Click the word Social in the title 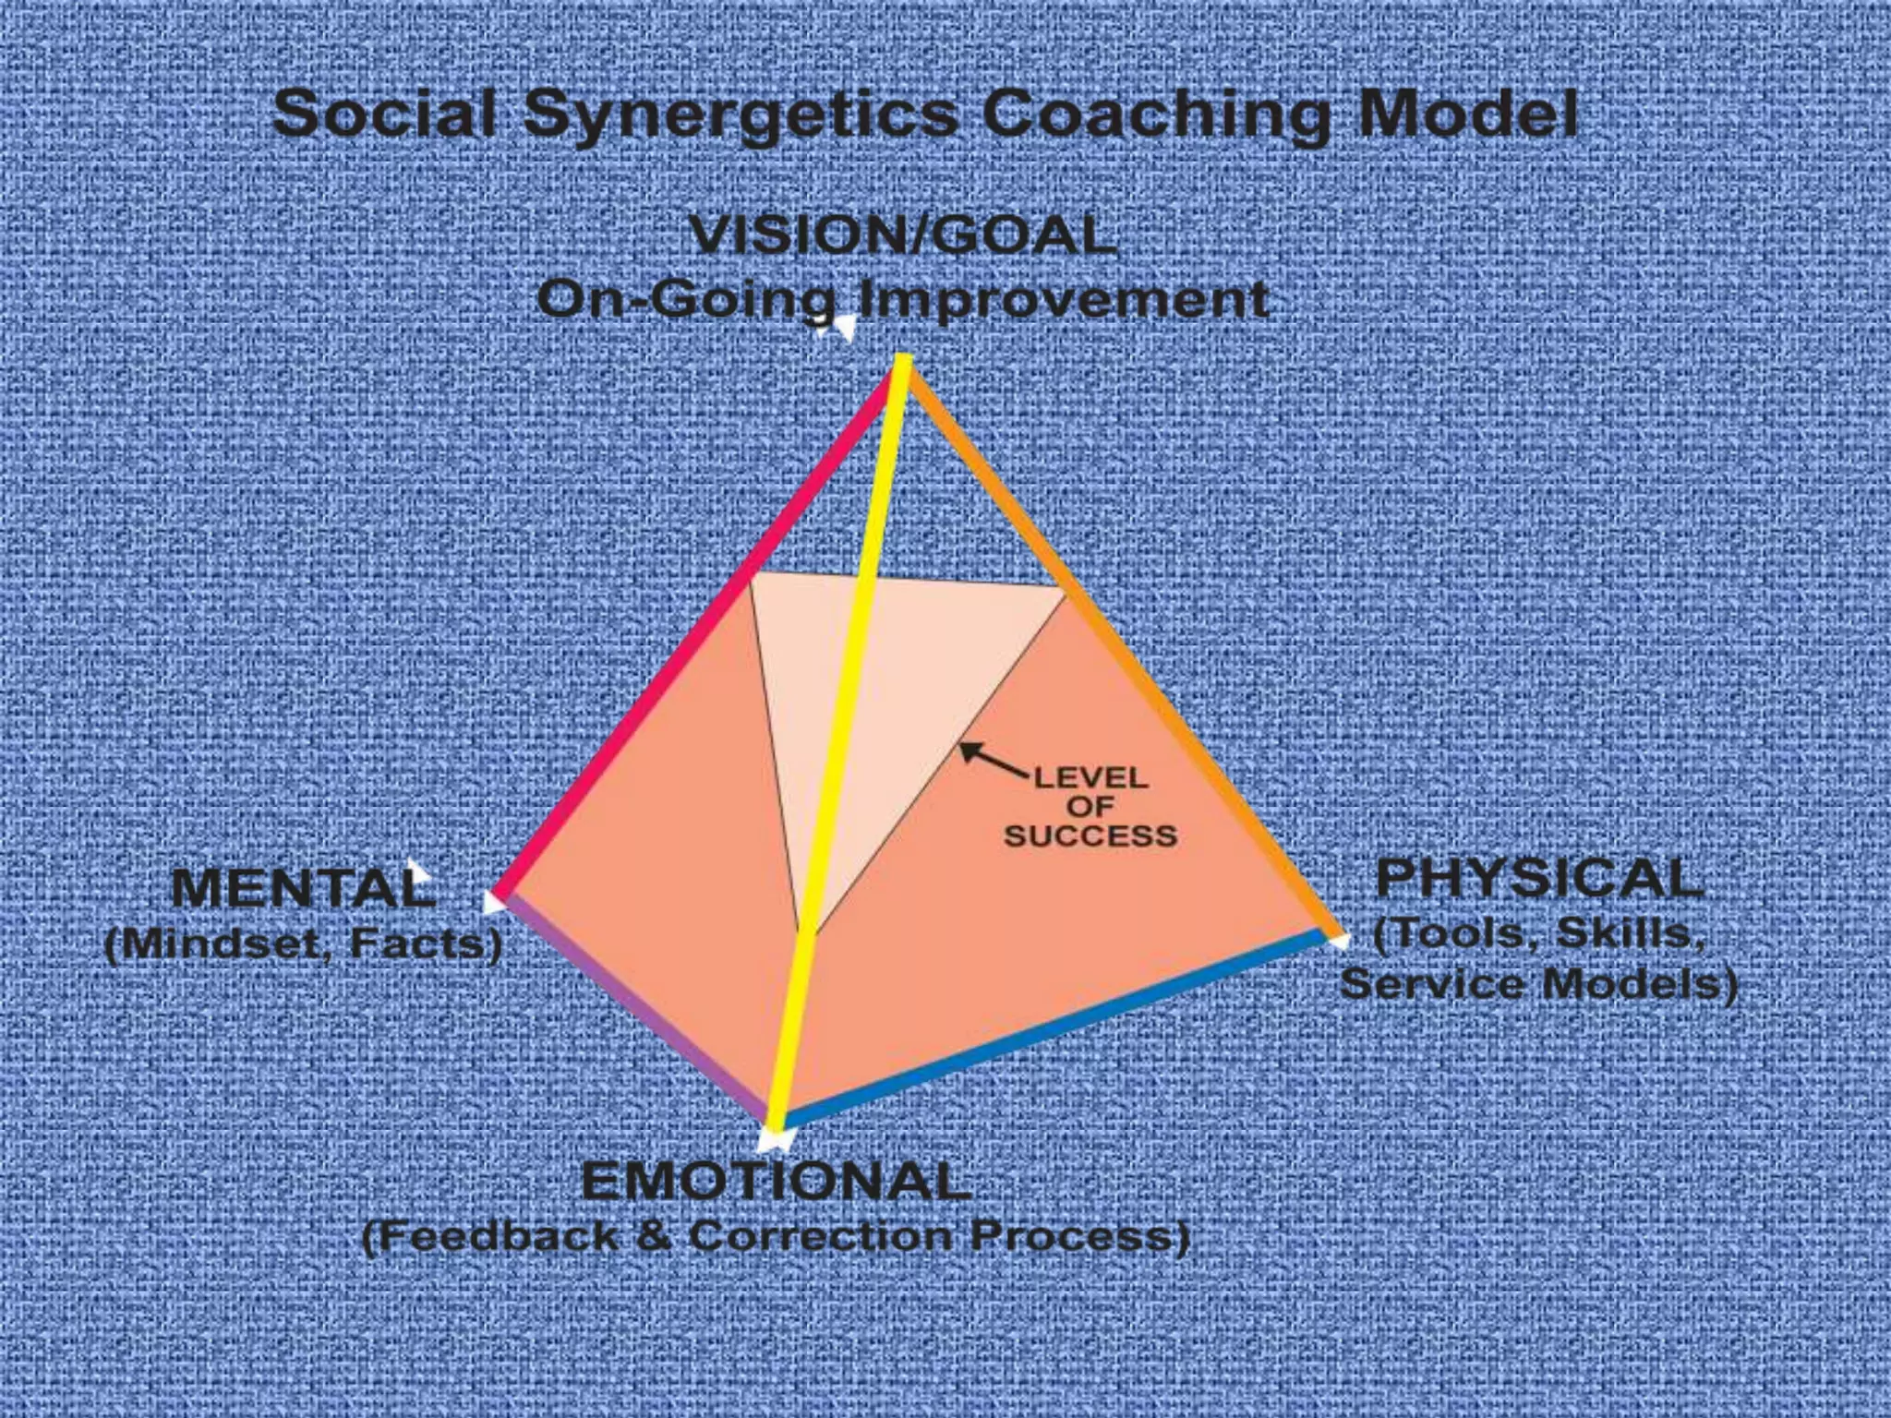click(385, 114)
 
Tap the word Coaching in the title click(1155, 115)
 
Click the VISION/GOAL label click(903, 235)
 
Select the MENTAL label click(303, 888)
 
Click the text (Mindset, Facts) click(303, 943)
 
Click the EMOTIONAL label click(776, 1181)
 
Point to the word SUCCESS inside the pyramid click(1090, 836)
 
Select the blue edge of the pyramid click(1053, 1029)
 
